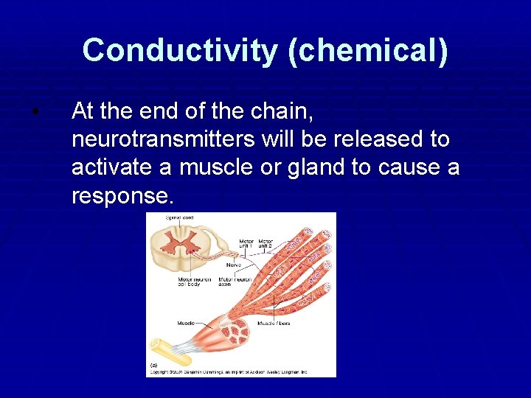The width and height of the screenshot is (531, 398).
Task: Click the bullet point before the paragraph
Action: [x=35, y=112]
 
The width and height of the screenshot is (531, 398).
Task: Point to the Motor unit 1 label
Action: [x=246, y=244]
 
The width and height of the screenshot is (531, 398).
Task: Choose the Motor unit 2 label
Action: [x=265, y=244]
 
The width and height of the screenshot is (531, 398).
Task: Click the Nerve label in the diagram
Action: [x=233, y=264]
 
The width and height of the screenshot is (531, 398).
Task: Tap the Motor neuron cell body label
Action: [x=193, y=282]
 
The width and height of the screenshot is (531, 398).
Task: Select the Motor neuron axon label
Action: [x=235, y=282]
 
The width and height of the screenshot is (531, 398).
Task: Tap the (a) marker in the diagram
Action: [x=154, y=365]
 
